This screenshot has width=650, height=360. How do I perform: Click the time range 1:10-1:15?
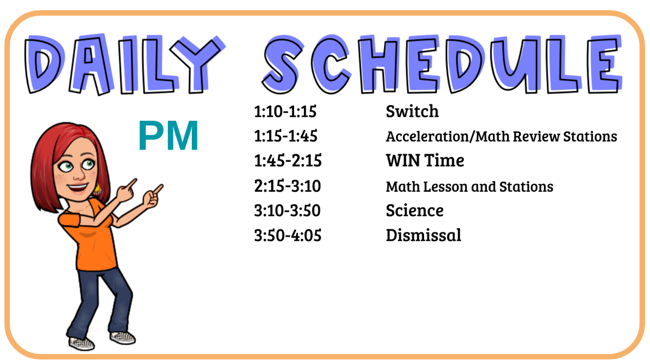tap(285, 112)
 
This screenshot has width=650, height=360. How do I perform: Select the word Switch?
tap(412, 111)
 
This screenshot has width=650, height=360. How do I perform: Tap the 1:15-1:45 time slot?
tap(285, 136)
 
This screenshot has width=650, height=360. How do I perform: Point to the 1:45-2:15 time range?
tap(288, 161)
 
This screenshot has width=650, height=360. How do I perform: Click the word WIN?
tap(404, 160)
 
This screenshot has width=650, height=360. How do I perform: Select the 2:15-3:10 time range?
tap(287, 186)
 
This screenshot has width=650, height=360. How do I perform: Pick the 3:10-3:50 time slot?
tap(287, 211)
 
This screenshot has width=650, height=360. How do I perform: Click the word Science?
tap(415, 210)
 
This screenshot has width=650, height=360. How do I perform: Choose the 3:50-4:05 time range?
tap(288, 235)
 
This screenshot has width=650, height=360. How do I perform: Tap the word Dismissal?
tap(424, 235)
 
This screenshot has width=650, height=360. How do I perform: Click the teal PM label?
tap(168, 136)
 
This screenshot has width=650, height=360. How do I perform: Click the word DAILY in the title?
tap(125, 64)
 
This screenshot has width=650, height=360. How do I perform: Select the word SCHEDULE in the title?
tap(442, 64)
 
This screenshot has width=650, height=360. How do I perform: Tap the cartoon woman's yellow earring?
tap(97, 189)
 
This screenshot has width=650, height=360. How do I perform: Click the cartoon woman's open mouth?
tap(77, 188)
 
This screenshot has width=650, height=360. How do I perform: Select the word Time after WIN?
tap(444, 160)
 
